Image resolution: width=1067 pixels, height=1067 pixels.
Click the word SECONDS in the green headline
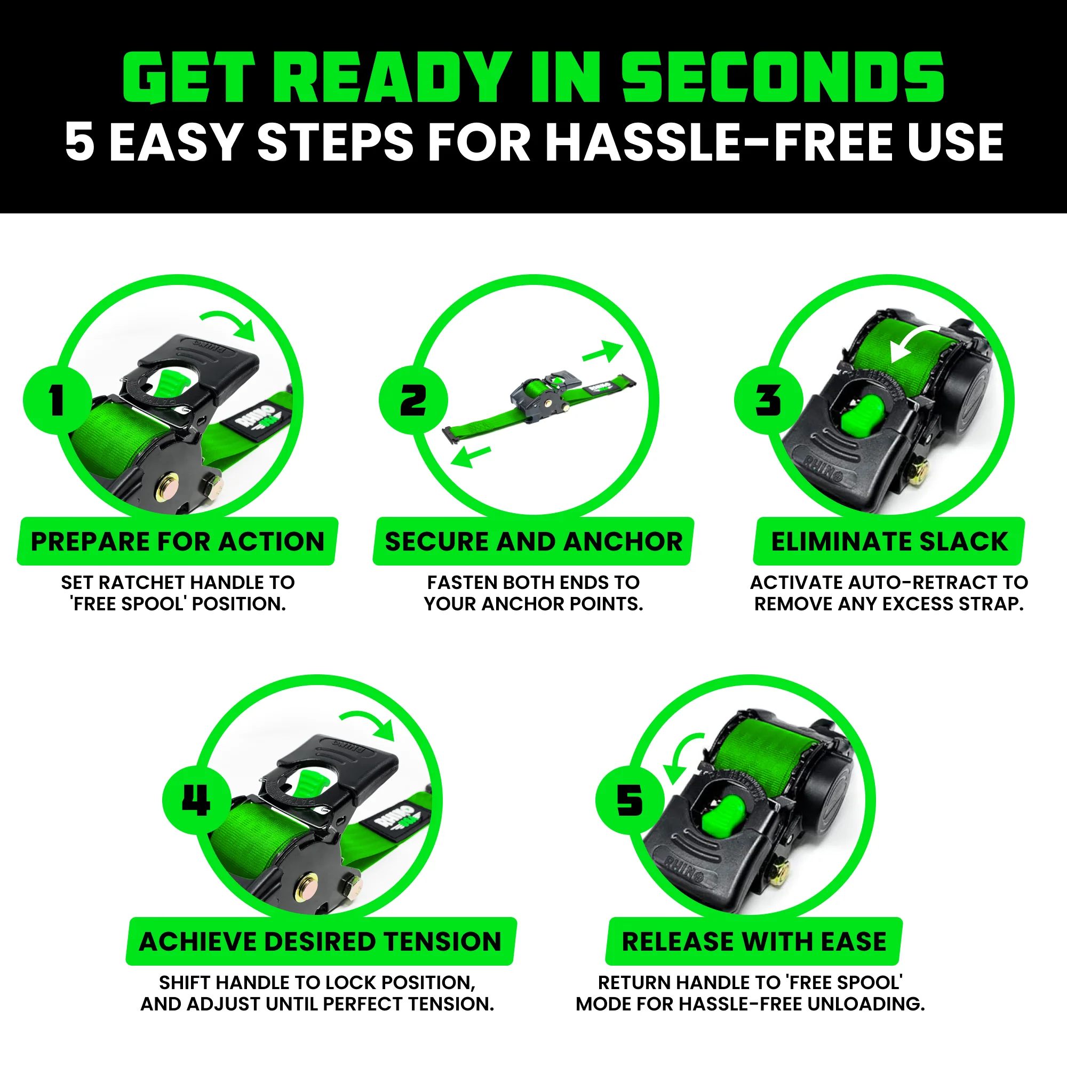coord(783,77)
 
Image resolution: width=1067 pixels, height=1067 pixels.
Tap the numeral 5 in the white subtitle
coord(79,142)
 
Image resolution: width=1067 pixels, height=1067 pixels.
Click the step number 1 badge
coord(57,400)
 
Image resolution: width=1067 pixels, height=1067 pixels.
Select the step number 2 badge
coord(413,400)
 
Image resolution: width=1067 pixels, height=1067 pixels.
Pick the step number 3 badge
coord(768,400)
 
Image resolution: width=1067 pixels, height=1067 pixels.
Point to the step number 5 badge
coord(630,800)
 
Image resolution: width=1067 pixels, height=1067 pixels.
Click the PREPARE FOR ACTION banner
coord(177,541)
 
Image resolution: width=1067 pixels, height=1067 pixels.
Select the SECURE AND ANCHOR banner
coord(533,541)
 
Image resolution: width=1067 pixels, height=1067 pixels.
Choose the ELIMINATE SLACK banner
coord(889,541)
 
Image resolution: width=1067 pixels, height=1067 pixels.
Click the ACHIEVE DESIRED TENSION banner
coord(320,941)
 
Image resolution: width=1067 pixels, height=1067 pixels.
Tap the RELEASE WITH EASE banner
coord(754,941)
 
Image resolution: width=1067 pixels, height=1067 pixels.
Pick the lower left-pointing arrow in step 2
coord(469,457)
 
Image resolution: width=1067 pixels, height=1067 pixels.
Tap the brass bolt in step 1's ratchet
coord(167,487)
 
